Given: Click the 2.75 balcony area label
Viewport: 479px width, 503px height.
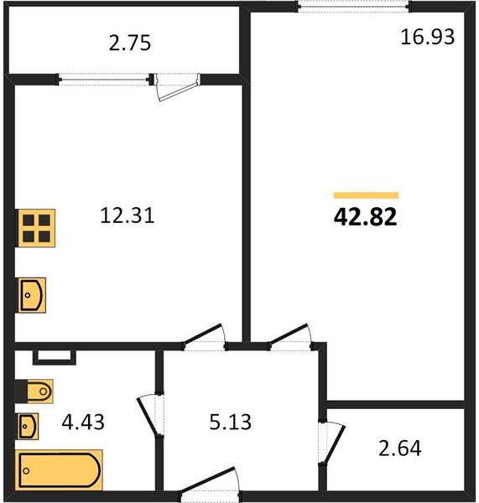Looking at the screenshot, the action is coord(130,44).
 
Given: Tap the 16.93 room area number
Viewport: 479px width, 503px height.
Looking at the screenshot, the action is coord(427,37).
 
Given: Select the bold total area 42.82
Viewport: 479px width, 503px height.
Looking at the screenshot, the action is coord(366,217).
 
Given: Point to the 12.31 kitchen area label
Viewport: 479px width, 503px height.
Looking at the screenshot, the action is coord(128,215).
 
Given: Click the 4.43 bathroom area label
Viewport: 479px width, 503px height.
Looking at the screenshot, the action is coord(83,422).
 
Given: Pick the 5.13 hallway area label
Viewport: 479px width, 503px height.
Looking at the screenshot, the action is coord(230,422).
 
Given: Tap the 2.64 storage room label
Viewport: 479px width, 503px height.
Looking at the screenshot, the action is coord(399,449).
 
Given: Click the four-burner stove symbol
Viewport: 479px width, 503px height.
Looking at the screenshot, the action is coord(36,228).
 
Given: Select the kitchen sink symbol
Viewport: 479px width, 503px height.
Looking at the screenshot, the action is coord(32,295).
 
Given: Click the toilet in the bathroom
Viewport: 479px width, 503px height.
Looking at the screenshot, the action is coord(34,392).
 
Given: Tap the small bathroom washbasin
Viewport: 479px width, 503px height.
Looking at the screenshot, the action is coord(28,427).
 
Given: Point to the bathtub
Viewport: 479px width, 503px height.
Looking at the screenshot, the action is coord(59,470).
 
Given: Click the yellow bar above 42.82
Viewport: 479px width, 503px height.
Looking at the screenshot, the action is coord(366,195).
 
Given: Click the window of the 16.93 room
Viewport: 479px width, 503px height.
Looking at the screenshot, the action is coord(354,7).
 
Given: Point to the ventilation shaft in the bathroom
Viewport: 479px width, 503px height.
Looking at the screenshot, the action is coord(55,357).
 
